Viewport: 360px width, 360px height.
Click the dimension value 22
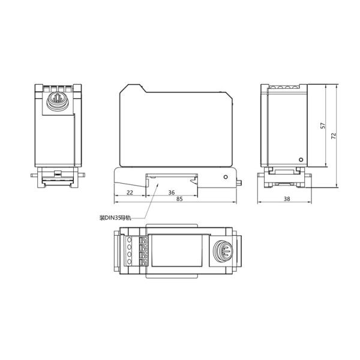click(130, 193)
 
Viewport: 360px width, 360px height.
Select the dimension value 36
click(171, 193)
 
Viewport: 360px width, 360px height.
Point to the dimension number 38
click(286, 199)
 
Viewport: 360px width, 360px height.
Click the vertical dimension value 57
click(322, 126)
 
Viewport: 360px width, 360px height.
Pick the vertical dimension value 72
click(334, 136)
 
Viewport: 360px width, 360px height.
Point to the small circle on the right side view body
click(301, 160)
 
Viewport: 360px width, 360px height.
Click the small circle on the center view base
click(225, 177)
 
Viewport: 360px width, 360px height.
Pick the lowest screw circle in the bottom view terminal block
click(129, 262)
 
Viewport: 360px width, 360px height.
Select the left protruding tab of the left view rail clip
click(32, 175)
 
